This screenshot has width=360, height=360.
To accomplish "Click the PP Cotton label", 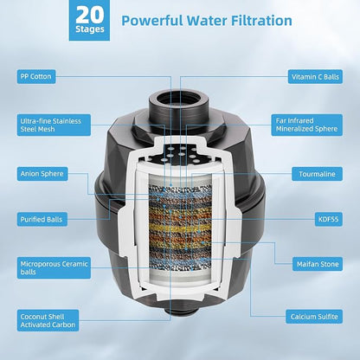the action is (36, 76).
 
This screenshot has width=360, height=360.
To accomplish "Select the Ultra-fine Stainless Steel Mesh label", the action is (54, 125).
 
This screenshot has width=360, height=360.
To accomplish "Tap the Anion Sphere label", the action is (42, 174).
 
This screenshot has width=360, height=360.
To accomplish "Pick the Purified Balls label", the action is (42, 219).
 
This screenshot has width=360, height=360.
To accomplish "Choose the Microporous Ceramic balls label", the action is (54, 267).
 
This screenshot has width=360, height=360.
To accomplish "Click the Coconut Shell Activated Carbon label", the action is (48, 320).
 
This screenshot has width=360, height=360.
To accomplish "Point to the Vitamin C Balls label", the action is (315, 77).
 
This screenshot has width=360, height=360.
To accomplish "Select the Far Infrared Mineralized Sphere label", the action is (306, 125).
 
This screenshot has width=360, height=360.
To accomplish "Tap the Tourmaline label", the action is (317, 174).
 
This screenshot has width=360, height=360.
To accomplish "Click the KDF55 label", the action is (329, 219).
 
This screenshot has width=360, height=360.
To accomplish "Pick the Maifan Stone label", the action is (318, 264).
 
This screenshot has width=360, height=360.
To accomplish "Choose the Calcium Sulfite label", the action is (314, 317).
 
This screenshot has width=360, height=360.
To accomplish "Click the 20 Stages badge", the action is (89, 20).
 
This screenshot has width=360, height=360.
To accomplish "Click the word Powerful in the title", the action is (152, 21).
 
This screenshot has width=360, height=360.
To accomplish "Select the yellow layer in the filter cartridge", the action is (180, 228).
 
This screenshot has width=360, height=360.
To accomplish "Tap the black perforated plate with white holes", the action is (181, 153).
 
